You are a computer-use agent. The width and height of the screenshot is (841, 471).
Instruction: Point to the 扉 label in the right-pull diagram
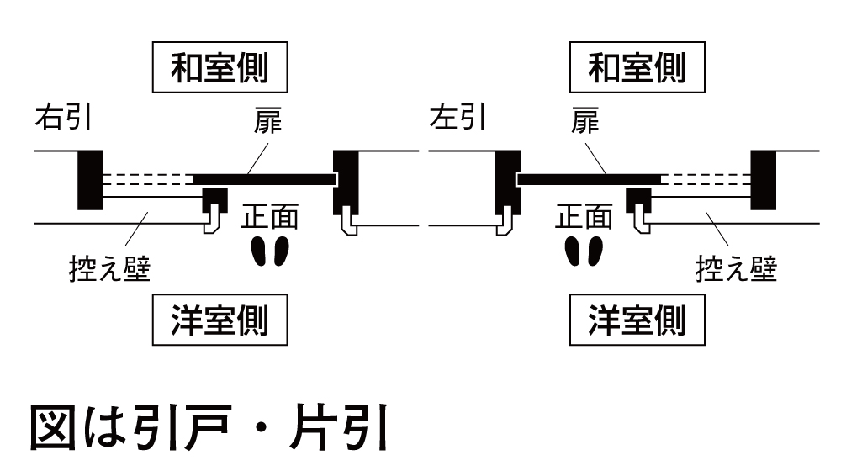[267, 123]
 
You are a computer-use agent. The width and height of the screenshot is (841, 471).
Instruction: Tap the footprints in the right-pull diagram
[271, 251]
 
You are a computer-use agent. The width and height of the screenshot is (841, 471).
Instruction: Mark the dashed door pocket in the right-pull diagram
[148, 179]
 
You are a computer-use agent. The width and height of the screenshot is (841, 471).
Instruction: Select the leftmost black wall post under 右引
[89, 180]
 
